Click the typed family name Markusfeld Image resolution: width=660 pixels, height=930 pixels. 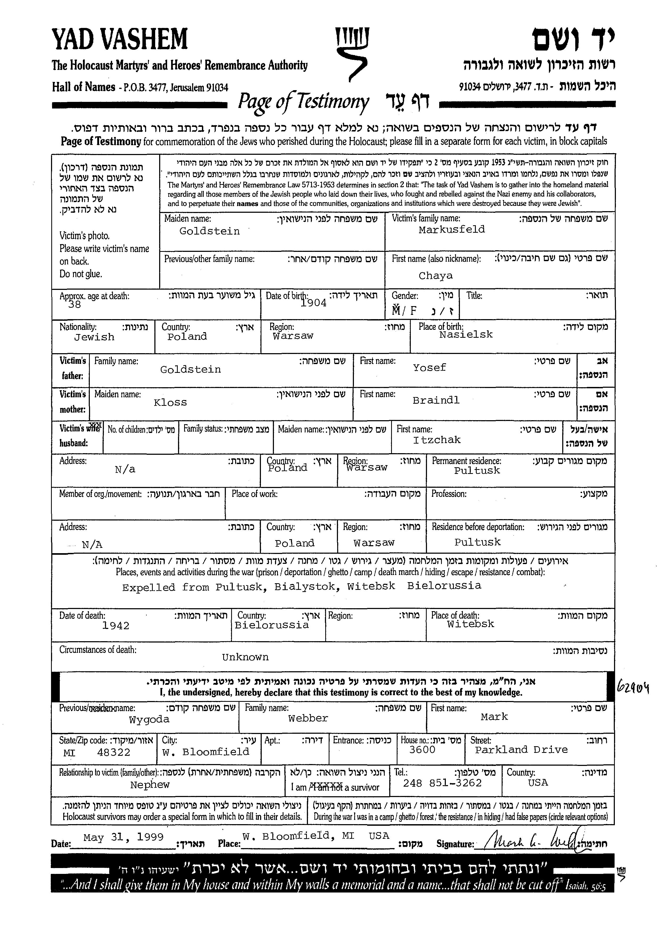coord(451,230)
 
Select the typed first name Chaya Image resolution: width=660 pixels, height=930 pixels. coord(435,276)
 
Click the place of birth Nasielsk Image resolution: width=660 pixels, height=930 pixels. coord(466,334)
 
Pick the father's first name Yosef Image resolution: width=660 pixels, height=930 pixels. coord(429,368)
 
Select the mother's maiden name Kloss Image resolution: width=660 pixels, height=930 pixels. coord(170,402)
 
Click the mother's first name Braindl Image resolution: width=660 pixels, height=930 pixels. coord(436,400)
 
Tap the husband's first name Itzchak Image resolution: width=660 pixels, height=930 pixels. coord(437,440)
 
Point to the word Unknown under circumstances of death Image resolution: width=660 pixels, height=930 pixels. coord(245,657)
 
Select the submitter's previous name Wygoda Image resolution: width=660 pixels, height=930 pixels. coord(149,719)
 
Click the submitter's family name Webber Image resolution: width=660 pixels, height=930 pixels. coord(308,719)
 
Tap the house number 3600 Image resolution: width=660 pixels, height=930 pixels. coord(422,750)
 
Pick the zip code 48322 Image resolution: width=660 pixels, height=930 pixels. coord(113,752)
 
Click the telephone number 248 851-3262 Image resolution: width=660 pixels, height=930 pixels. coord(442,783)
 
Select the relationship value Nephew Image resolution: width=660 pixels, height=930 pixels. coord(150,785)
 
